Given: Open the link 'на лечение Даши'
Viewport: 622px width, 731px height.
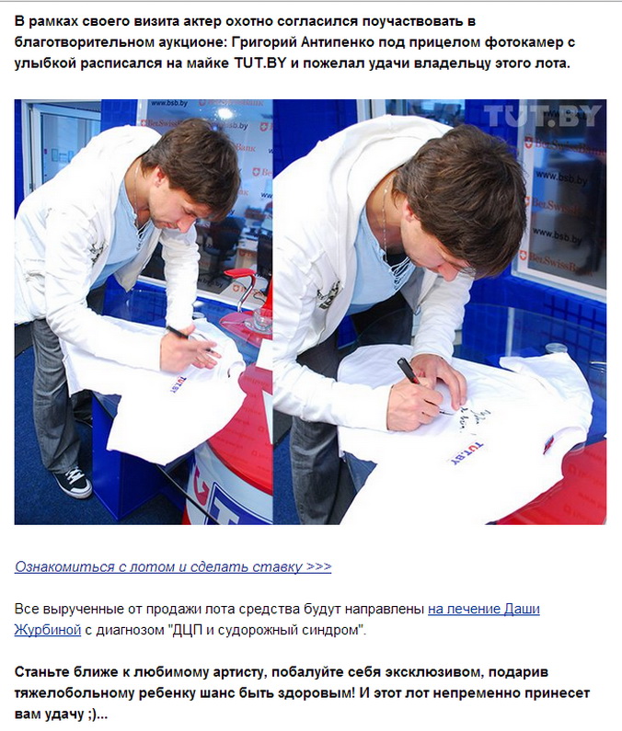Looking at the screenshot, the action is tap(483, 609).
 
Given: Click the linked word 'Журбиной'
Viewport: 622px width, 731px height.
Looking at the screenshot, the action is tap(48, 630).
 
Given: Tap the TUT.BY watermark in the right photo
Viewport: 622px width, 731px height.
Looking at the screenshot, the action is tap(543, 116).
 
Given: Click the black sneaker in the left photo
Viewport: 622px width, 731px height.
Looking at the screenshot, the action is tap(73, 482).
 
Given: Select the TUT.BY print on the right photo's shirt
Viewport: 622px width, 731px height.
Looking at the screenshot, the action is tap(466, 452).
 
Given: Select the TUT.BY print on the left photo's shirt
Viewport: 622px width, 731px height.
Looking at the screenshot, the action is tap(178, 384).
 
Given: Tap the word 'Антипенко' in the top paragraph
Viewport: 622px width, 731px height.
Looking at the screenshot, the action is tap(338, 42).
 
